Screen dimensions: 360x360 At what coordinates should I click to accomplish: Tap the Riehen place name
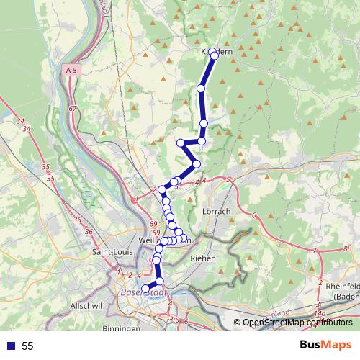click(202, 258)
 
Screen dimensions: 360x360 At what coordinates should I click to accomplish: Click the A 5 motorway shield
click(70, 71)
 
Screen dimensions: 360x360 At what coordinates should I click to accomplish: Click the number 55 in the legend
click(28, 346)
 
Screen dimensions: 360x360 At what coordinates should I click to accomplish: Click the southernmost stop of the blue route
click(145, 289)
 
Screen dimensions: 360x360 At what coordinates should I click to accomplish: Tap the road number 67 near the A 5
click(73, 109)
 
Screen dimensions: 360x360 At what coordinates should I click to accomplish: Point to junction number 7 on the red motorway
click(314, 251)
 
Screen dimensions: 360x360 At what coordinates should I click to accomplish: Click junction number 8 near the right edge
click(346, 248)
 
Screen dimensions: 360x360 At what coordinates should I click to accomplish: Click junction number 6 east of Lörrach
click(255, 215)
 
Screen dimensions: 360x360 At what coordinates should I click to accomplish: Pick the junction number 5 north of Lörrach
click(228, 179)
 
